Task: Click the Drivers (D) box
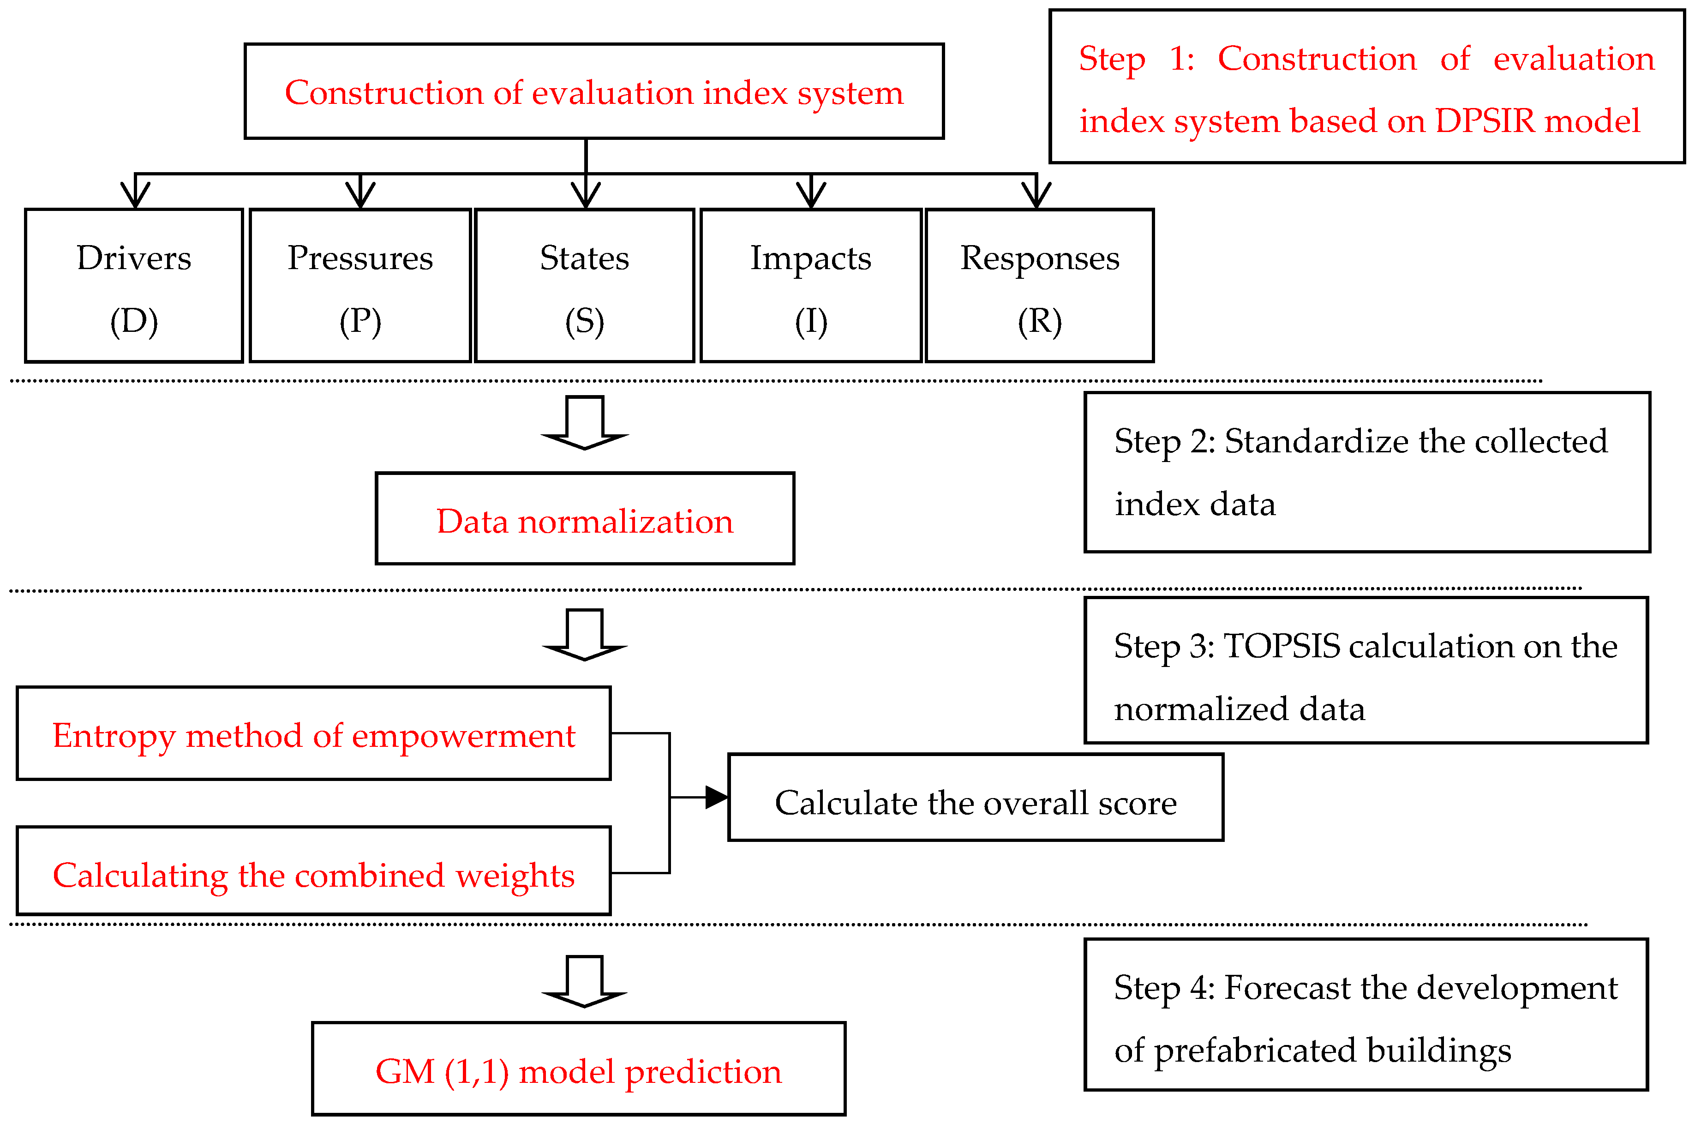134,286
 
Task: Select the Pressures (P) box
360,286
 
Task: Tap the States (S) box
585,286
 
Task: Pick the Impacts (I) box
811,286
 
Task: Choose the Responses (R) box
1040,286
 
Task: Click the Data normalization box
585,518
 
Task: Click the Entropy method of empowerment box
314,733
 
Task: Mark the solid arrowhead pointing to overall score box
717,797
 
